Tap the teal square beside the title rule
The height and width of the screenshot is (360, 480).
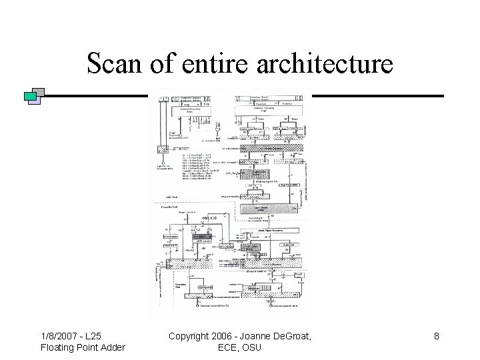[x=30, y=97]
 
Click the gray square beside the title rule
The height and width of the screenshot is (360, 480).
[x=39, y=93]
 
